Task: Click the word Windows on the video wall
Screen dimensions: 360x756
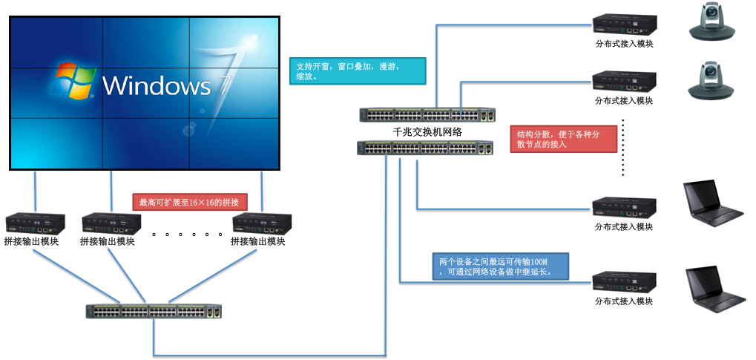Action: tap(157, 85)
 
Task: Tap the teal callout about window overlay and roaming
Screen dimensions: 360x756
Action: tap(356, 71)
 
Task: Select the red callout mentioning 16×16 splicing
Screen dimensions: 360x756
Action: tap(188, 202)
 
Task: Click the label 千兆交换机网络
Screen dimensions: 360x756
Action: tap(427, 132)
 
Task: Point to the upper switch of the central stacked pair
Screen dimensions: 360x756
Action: tap(427, 115)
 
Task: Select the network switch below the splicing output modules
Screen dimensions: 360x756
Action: tap(154, 312)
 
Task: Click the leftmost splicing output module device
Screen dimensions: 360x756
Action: tap(34, 223)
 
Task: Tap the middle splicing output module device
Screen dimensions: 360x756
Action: tap(111, 223)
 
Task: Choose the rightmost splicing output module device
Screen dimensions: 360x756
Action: tap(261, 223)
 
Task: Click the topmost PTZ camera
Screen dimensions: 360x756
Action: tap(712, 22)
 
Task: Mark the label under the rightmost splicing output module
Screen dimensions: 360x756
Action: tap(259, 241)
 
